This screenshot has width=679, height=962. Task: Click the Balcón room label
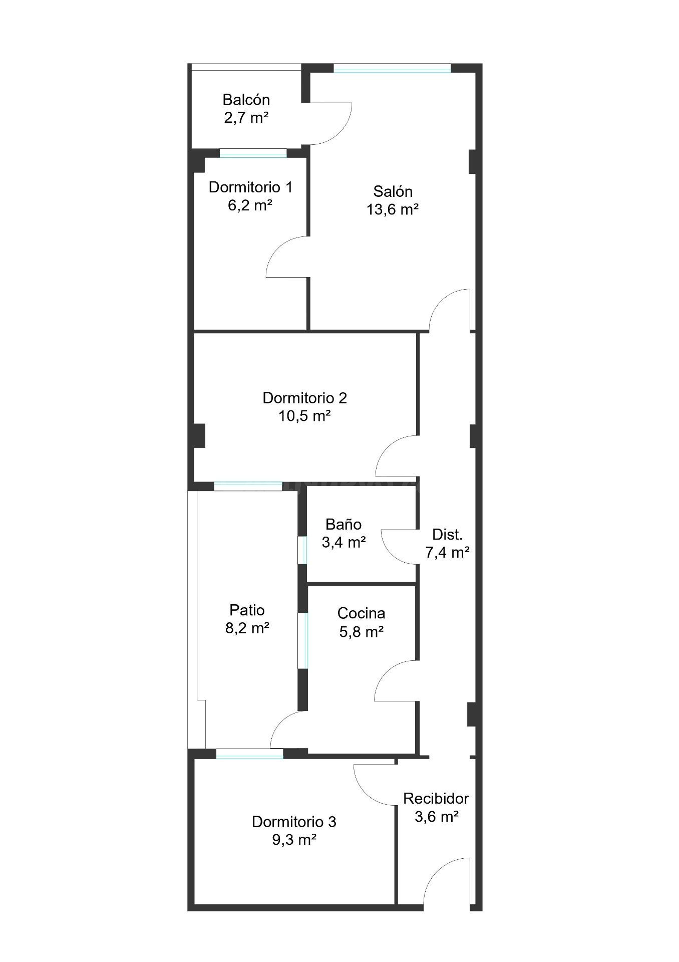(246, 99)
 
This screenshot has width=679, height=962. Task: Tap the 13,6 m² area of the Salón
(393, 209)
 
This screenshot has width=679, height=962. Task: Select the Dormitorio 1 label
(250, 187)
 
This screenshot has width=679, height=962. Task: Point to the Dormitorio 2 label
(304, 398)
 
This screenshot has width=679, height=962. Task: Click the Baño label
(344, 524)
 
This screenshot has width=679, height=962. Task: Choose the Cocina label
(361, 613)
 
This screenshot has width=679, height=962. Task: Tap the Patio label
(247, 610)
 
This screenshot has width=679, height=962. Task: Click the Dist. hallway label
(447, 535)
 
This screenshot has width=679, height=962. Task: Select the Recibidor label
(436, 798)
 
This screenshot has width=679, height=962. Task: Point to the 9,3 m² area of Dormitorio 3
(294, 840)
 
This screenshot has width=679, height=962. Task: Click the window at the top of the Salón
(392, 68)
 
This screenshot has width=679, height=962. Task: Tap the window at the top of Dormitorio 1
(253, 153)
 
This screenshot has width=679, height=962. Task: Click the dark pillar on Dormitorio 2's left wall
(199, 435)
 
